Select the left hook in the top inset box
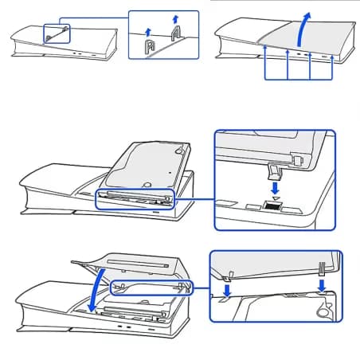pyautogui.click(x=149, y=47)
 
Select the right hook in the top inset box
pyautogui.click(x=175, y=35)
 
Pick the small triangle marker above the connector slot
pyautogui.click(x=275, y=198)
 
